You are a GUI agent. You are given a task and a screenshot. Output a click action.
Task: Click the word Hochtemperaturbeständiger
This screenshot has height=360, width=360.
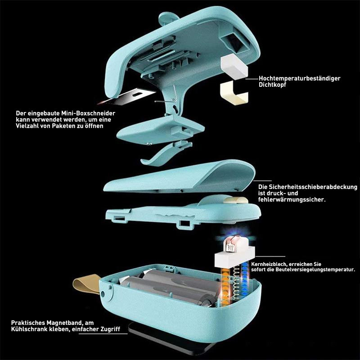(x=299, y=78)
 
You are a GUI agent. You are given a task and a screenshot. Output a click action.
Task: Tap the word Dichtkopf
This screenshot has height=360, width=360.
(x=272, y=85)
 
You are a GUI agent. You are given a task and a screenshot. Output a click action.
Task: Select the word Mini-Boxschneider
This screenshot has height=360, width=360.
(x=88, y=113)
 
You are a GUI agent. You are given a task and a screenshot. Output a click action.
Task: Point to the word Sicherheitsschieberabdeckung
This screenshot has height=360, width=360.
(x=313, y=187)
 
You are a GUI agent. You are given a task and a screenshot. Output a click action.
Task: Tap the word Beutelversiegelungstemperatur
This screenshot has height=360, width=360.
(x=315, y=270)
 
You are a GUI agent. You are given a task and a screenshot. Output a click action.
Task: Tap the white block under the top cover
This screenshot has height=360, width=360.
(x=234, y=66)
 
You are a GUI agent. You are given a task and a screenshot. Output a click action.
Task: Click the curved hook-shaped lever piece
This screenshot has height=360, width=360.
(x=166, y=153)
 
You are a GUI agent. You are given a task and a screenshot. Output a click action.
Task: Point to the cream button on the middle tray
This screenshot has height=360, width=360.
(x=236, y=200)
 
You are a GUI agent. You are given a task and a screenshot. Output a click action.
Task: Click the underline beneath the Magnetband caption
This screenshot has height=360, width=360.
(x=103, y=333)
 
